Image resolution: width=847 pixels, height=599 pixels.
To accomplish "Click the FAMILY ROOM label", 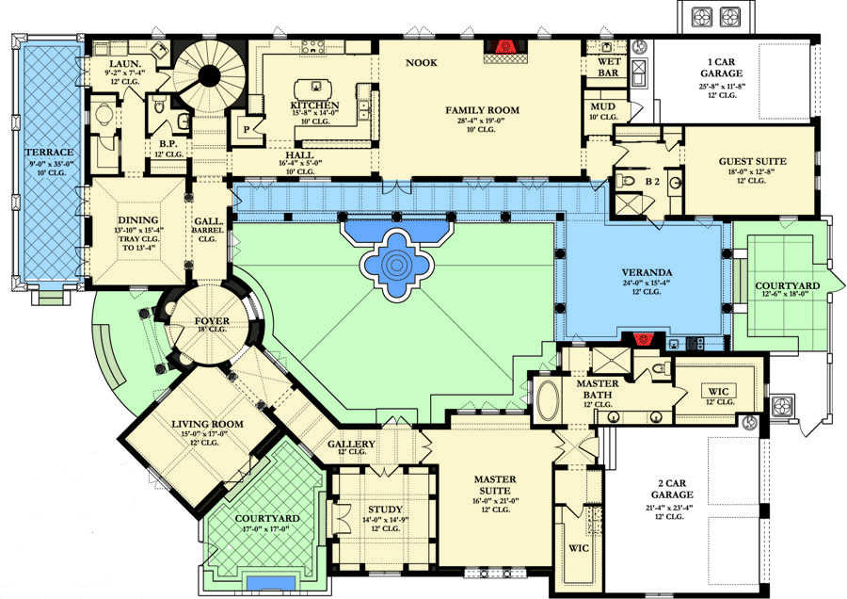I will [x=482, y=110].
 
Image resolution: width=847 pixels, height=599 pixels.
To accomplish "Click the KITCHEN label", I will [x=314, y=105].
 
